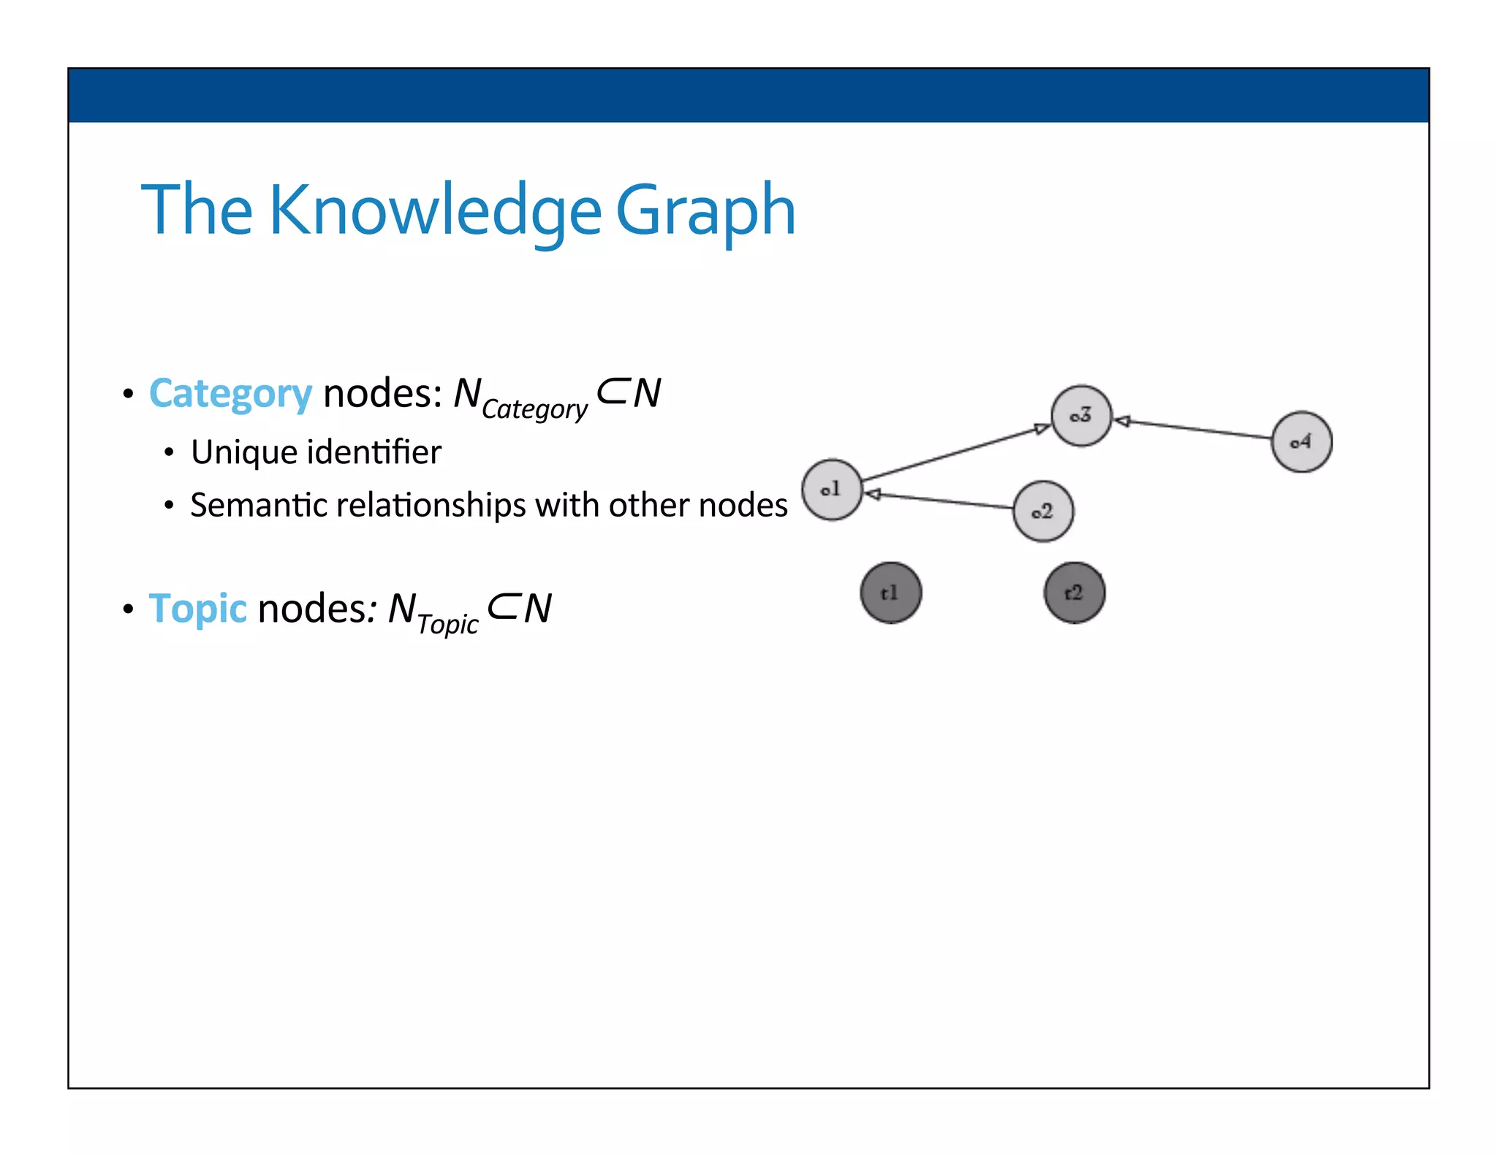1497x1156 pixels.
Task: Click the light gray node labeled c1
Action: point(832,490)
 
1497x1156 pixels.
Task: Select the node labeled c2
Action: point(1043,512)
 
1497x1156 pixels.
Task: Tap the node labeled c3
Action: point(1081,416)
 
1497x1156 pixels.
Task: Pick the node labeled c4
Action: point(1301,441)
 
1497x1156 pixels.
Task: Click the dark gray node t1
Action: point(890,593)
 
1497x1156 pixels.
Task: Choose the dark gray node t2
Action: point(1074,593)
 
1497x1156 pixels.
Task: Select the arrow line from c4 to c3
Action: point(1196,429)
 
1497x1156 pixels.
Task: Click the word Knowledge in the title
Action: point(435,211)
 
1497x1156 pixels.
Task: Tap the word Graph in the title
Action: point(705,211)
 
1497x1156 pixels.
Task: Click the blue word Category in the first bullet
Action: point(230,394)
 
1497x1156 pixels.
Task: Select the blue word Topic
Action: point(197,608)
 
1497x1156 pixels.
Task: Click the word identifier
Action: point(374,452)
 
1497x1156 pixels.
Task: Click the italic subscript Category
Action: point(534,409)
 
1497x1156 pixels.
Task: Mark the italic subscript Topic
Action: point(447,624)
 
